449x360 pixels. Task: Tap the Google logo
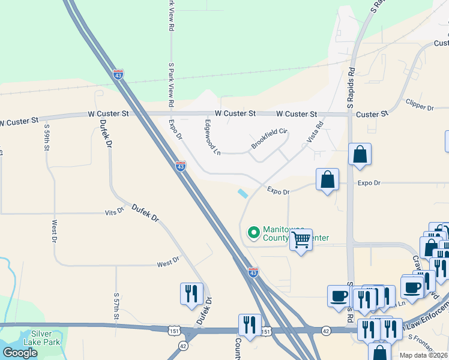click(20, 353)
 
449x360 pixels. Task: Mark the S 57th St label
click(116, 306)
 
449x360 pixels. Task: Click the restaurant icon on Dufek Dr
click(191, 293)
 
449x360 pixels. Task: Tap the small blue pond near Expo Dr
click(243, 194)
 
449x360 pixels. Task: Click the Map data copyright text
click(423, 355)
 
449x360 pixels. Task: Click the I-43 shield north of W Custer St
click(119, 73)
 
